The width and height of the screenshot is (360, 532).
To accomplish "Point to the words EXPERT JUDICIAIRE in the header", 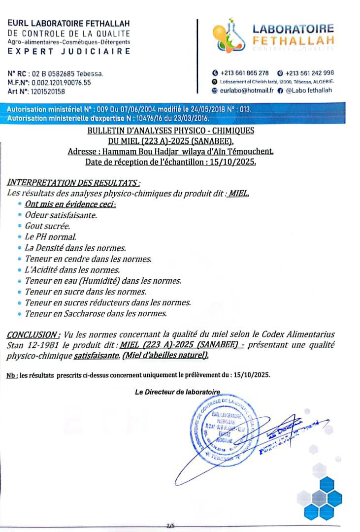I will (69, 51).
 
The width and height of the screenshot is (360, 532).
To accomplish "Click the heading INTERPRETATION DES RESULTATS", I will (70, 183).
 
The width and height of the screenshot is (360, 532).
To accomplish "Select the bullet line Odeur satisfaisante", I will (61, 215).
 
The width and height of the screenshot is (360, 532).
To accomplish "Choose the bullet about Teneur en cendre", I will (88, 259).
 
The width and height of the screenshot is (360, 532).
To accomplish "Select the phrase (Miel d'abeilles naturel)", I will (165, 355).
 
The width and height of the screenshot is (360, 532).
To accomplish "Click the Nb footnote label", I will (12, 375).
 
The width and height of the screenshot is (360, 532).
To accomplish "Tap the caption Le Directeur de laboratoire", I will (177, 392).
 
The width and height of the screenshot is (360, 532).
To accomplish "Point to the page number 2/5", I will (171, 526).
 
